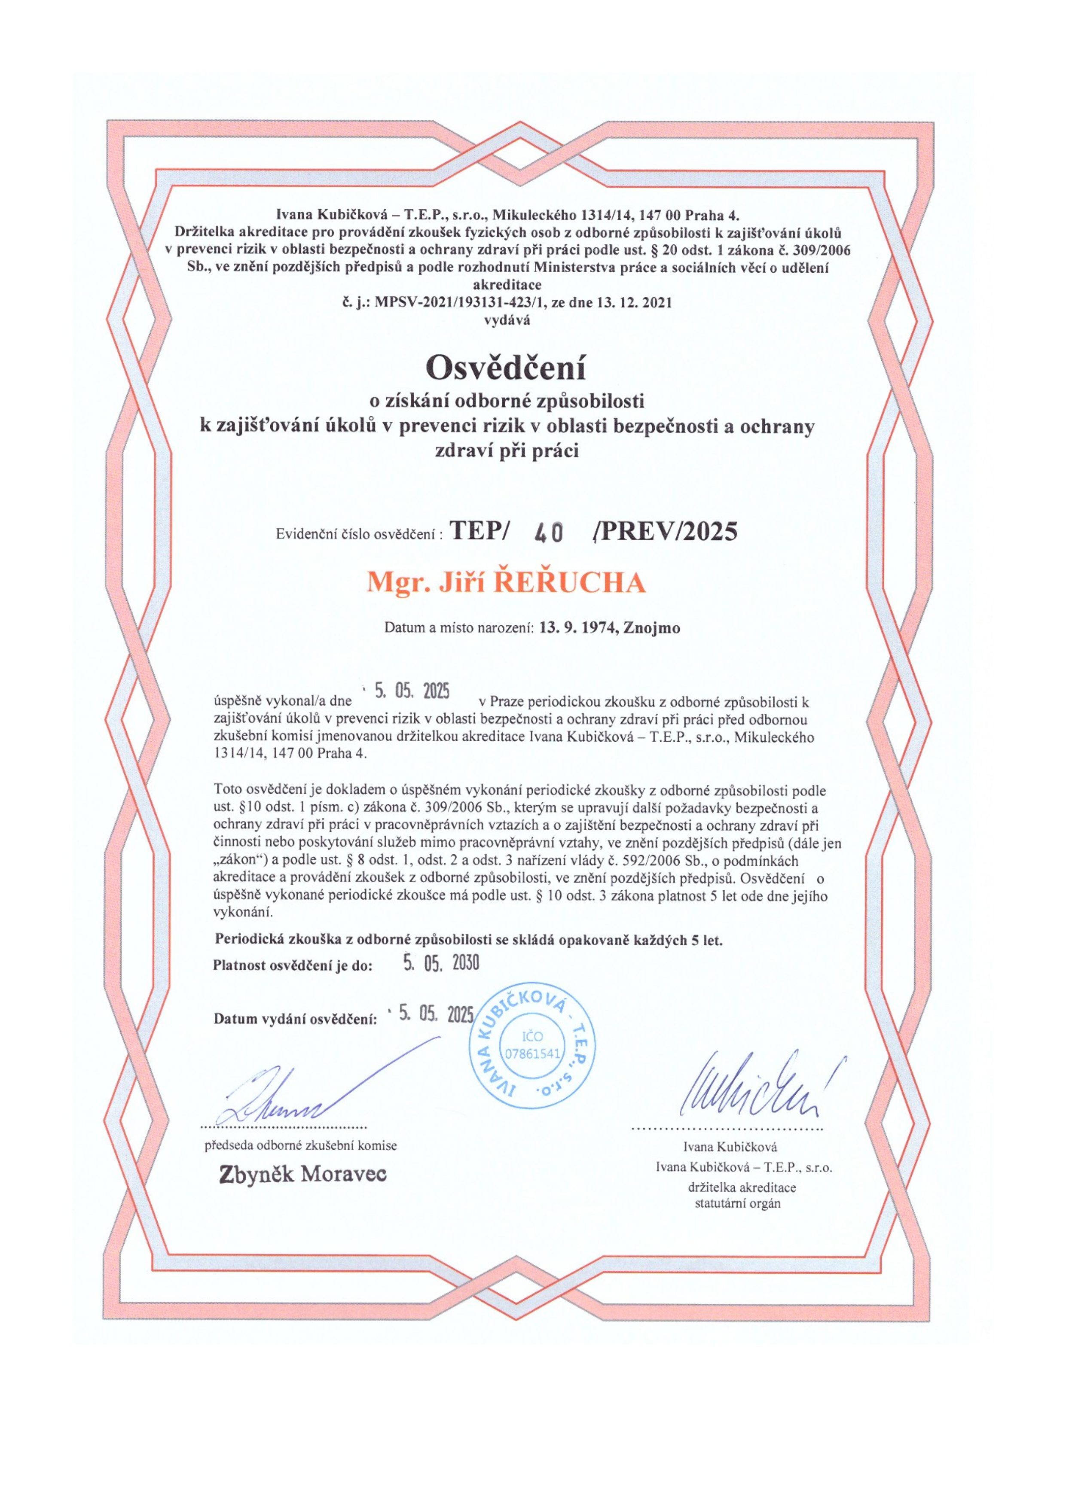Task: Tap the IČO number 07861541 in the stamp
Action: pyautogui.click(x=532, y=1054)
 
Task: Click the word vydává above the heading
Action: pyautogui.click(x=507, y=320)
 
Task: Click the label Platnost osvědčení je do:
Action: pyautogui.click(x=292, y=965)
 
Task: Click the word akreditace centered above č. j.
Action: pyautogui.click(x=507, y=285)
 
